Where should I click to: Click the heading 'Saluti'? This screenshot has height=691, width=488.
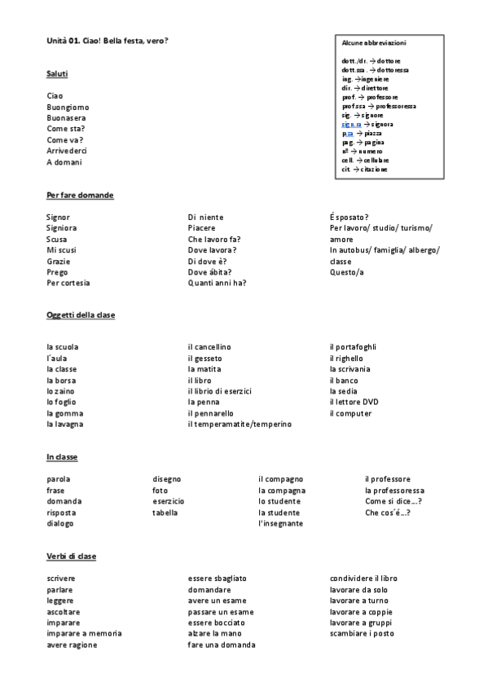click(x=57, y=74)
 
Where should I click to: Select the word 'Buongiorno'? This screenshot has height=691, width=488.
click(x=68, y=107)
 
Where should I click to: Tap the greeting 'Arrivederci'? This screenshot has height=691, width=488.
click(x=67, y=151)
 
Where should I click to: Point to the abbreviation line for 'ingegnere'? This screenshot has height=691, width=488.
click(x=366, y=79)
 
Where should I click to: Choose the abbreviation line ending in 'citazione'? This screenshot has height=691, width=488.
click(x=365, y=169)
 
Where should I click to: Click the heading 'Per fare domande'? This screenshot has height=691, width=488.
click(x=80, y=196)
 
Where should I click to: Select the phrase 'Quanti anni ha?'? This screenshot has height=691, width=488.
click(x=217, y=283)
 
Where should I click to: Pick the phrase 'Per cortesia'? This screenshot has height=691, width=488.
click(x=68, y=283)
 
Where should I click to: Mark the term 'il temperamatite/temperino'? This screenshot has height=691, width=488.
click(x=240, y=424)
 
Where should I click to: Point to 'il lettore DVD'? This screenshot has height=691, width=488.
click(x=354, y=402)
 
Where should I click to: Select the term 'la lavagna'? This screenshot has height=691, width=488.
click(x=65, y=424)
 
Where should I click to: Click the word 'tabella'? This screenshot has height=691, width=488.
click(x=165, y=513)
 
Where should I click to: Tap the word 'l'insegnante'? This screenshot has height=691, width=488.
click(x=280, y=523)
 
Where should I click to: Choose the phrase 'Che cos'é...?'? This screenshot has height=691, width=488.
click(x=388, y=513)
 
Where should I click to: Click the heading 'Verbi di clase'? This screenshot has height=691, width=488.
click(x=71, y=556)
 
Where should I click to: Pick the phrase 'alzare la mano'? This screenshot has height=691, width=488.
click(x=216, y=633)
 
